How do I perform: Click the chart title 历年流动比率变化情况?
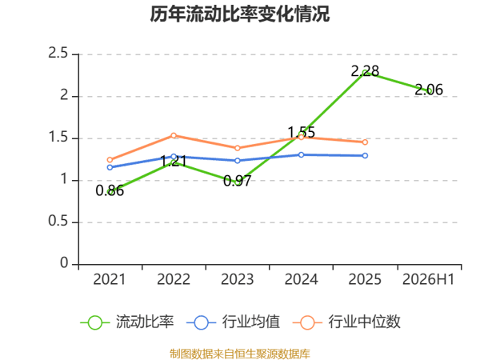tap(240, 14)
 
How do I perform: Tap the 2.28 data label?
tap(365, 71)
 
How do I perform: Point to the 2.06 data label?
tap(429, 90)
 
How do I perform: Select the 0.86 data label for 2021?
tap(110, 190)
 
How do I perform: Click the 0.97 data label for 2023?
tap(238, 181)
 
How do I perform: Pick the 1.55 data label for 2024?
tap(302, 132)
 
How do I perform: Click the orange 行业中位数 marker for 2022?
tap(174, 135)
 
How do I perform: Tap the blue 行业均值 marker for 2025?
tap(365, 155)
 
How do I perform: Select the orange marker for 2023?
tap(238, 148)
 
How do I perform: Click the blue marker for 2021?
tap(110, 167)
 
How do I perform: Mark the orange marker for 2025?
tap(365, 142)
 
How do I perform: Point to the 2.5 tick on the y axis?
tap(58, 54)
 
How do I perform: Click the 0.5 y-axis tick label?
tap(58, 221)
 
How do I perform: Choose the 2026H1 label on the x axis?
tap(429, 279)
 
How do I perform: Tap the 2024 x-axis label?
tap(302, 279)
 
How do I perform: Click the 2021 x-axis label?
tap(110, 279)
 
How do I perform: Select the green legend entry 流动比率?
tap(127, 322)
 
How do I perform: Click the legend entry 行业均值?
tap(233, 322)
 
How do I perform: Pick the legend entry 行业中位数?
tap(346, 322)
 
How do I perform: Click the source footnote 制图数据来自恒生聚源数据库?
tap(240, 354)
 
